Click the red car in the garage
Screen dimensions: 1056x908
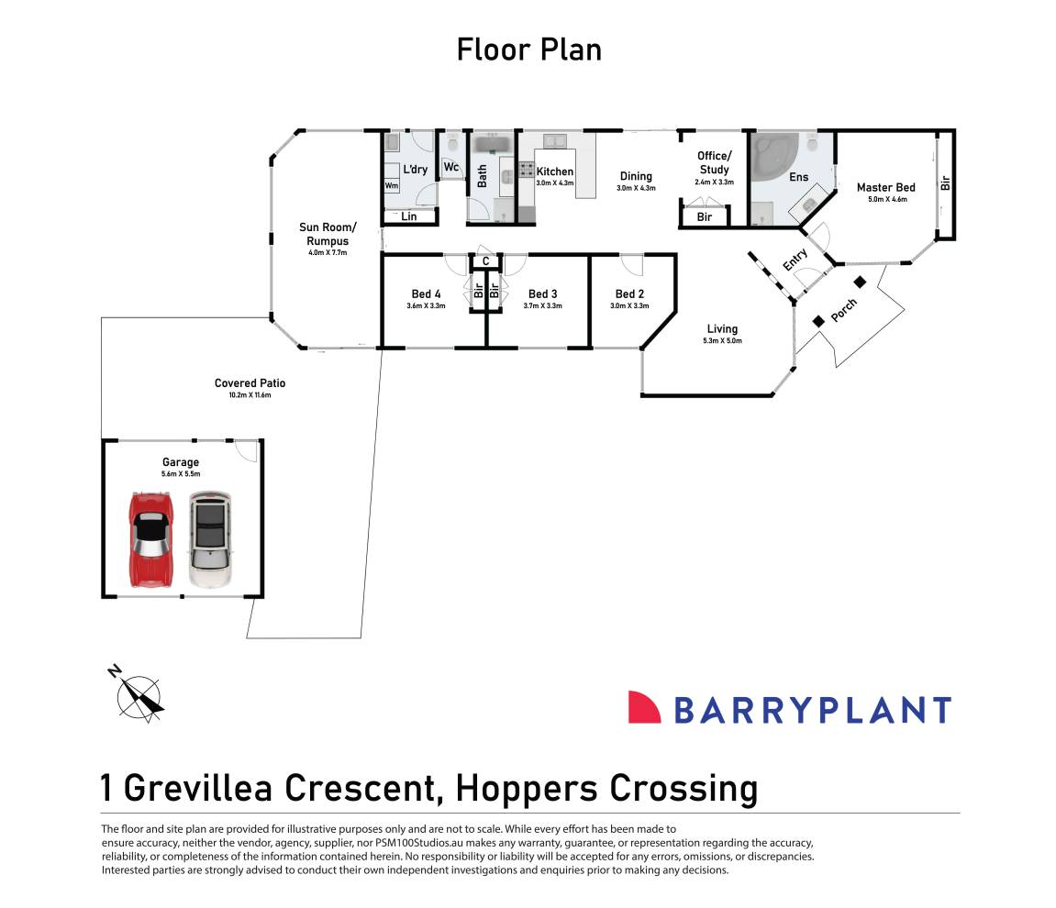coord(150,540)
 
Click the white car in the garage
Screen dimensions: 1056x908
coord(210,539)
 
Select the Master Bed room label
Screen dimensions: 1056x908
coord(885,187)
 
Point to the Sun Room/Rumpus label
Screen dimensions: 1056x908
coord(328,234)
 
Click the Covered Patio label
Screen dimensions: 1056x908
coord(250,383)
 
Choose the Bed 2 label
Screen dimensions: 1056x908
coord(629,294)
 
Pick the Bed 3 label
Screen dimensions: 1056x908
coord(543,294)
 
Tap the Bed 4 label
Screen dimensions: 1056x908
coord(426,294)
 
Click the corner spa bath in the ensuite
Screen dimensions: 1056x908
coord(774,157)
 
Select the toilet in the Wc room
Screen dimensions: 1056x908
coord(452,142)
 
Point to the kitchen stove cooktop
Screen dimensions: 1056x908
coord(527,169)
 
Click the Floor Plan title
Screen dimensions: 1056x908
coord(528,50)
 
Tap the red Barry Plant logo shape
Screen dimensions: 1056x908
coord(644,707)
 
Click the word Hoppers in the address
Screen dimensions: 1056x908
coord(527,788)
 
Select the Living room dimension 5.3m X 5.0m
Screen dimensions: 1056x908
coord(723,340)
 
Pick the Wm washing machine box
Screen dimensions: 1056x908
coord(391,186)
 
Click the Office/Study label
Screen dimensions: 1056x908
coord(714,163)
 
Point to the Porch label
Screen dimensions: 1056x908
coord(844,310)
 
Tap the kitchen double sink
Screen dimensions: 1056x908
coord(555,141)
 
